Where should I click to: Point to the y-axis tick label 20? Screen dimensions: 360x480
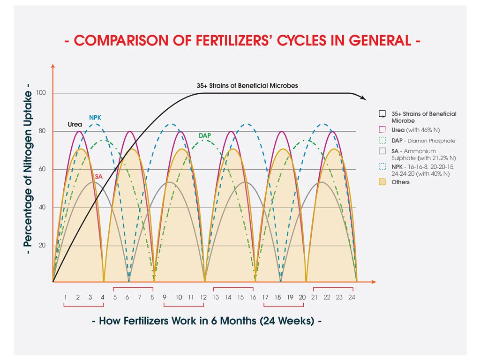[42, 245]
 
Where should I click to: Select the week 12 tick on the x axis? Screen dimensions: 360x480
[203, 297]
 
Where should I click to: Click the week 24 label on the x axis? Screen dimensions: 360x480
[351, 297]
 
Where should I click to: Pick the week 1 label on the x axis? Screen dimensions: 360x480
[66, 297]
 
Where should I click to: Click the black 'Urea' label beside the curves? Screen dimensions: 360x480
[75, 125]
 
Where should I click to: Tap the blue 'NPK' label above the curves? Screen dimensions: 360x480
[95, 117]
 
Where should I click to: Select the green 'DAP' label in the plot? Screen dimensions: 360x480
[204, 135]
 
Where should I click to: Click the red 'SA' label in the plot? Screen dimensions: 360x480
[98, 177]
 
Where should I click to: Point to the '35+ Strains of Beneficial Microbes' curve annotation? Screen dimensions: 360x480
[247, 86]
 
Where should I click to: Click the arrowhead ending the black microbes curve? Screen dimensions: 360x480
[363, 97]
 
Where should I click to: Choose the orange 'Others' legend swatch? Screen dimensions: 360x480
[382, 182]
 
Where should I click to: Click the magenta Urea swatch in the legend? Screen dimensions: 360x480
[382, 130]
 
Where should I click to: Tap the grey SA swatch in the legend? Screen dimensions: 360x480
[382, 151]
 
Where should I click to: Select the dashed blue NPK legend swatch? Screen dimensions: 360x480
[382, 166]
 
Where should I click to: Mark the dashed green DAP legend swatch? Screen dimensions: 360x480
[382, 141]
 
